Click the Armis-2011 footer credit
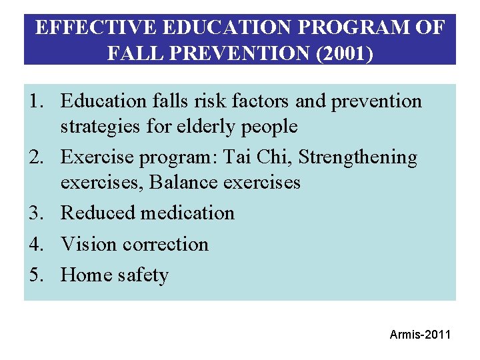tap(420, 334)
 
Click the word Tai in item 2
tap(237, 158)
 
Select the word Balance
tap(183, 182)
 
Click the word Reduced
tap(98, 213)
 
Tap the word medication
tap(187, 213)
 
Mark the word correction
tap(166, 244)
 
